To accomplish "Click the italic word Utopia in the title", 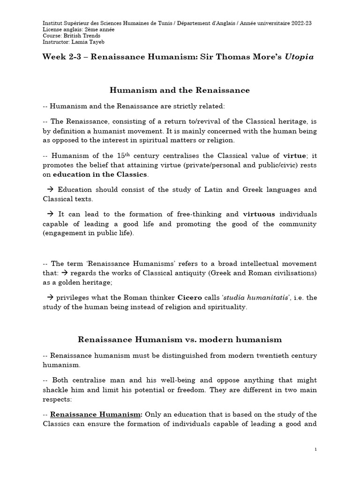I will tap(299, 57).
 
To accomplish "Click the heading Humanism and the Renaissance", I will tap(180, 90).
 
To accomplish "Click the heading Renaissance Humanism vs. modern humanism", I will tap(180, 339).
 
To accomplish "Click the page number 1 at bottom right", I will tap(315, 450).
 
